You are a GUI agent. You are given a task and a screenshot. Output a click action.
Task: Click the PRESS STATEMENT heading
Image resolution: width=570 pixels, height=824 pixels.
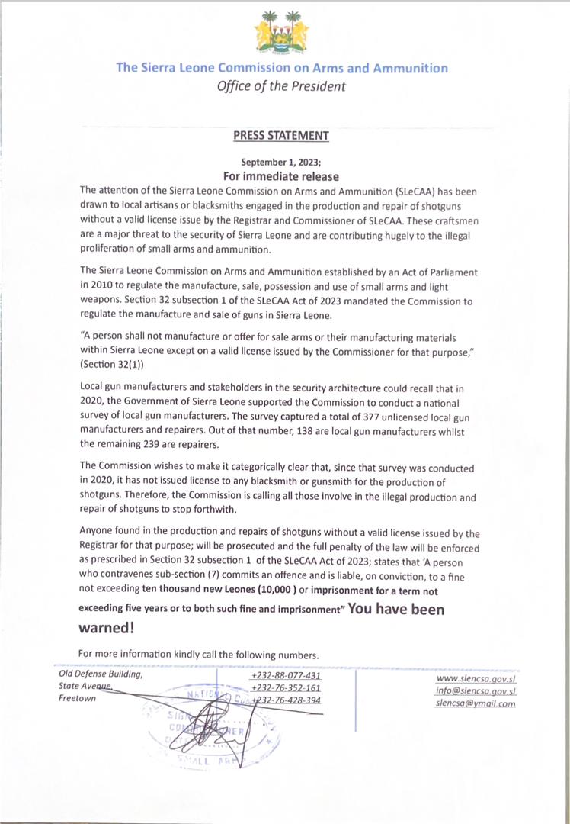281,136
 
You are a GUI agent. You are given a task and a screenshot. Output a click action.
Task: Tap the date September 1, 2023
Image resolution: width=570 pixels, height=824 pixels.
281,162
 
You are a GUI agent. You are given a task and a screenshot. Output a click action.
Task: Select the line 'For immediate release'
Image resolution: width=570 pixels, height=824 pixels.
281,175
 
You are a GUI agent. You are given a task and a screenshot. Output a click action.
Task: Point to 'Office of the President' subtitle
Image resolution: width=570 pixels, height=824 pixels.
281,86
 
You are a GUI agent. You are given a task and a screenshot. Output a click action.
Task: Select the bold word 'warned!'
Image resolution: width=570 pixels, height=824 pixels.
107,628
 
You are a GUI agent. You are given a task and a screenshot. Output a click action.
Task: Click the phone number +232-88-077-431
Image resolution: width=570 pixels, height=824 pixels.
285,675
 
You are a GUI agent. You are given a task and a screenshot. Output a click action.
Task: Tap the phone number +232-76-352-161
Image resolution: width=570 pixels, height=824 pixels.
286,687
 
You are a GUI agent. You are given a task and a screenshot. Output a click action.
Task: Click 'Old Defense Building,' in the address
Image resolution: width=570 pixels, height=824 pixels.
101,674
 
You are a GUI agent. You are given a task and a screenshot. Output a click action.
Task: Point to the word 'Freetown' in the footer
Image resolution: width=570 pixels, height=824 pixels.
78,699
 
